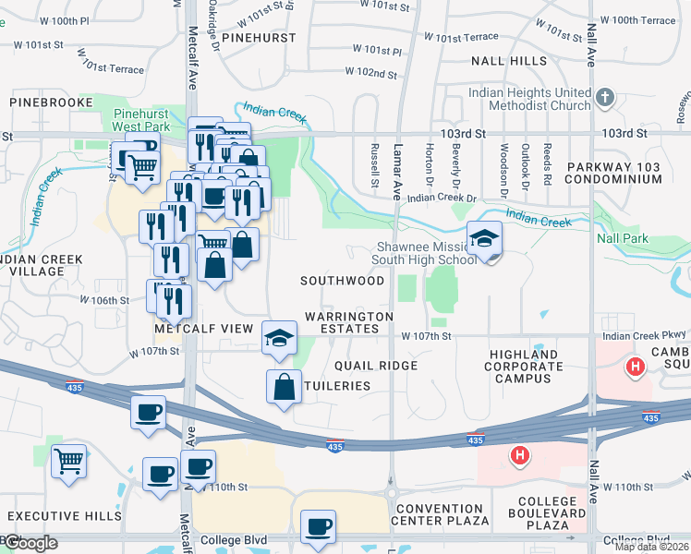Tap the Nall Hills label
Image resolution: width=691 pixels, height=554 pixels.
tap(509, 61)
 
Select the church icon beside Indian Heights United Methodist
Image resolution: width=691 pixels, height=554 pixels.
tap(604, 97)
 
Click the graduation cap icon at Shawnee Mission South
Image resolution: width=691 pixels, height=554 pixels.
tap(484, 240)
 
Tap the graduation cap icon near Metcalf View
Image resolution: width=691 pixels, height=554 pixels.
tap(279, 338)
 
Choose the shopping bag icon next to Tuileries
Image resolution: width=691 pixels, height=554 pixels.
tap(284, 388)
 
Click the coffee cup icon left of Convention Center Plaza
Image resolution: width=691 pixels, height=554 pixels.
tap(318, 526)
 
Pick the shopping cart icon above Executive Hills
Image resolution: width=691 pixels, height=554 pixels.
tap(69, 461)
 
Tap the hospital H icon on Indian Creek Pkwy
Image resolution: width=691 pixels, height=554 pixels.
tap(635, 367)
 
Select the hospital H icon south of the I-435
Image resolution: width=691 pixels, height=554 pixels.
tap(520, 455)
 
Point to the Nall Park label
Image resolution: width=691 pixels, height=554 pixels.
tap(622, 238)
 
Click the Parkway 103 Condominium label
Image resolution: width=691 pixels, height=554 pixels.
tap(616, 171)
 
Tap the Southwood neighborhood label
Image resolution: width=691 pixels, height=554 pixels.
tap(342, 281)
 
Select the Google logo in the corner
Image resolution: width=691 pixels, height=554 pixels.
tap(30, 543)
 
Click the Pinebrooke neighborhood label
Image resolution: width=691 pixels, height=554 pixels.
tap(52, 102)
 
